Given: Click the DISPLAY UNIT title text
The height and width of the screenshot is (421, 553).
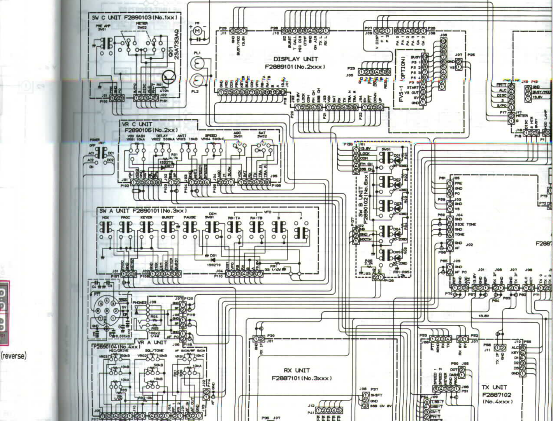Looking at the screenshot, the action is (296, 59).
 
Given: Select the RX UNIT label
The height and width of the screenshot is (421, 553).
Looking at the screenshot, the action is (297, 370).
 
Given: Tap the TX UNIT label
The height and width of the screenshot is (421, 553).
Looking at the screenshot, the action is (494, 387).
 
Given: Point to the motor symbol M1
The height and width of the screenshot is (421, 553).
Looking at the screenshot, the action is (197, 31).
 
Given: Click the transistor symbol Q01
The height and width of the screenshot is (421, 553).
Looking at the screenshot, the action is (169, 76).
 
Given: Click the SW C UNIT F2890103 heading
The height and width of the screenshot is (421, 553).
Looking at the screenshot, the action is (134, 17).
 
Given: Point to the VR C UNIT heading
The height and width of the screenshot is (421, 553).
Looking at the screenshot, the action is (137, 124).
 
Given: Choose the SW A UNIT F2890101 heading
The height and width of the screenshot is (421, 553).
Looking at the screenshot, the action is (143, 211).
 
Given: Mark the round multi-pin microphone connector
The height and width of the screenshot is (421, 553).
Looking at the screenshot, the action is (105, 311).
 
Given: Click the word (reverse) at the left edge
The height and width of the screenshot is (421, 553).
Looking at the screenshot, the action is (14, 356).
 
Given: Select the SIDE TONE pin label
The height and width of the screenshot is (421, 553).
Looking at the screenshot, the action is (465, 224).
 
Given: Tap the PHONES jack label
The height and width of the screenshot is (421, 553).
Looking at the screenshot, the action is (139, 303).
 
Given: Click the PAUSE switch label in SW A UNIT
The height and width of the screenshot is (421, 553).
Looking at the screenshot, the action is (189, 217).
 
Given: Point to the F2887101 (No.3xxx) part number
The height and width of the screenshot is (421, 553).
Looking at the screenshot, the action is (301, 378).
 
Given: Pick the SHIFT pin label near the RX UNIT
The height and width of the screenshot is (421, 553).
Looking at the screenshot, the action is (376, 395).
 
